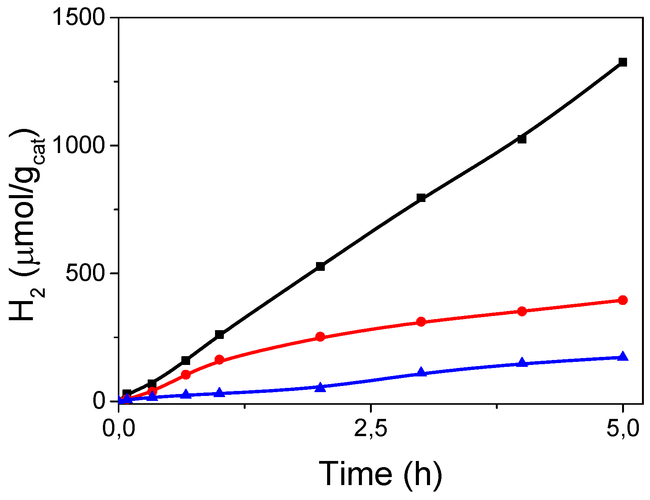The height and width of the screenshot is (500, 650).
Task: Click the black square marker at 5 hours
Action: (623, 62)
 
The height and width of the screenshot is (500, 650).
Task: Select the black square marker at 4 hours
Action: (522, 139)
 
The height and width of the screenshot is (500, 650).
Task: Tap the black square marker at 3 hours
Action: (421, 198)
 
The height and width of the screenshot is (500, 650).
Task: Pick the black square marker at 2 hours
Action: (321, 267)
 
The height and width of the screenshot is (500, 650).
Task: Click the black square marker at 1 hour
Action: (220, 334)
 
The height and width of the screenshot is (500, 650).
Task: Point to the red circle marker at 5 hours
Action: (623, 300)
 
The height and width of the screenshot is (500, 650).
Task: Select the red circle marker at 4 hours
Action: (522, 311)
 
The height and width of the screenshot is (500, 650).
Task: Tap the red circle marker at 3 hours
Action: (421, 322)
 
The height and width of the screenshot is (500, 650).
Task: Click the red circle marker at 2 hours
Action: (321, 337)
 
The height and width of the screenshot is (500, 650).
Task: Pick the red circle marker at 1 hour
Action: (220, 360)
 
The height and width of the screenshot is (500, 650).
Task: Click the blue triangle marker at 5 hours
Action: (623, 357)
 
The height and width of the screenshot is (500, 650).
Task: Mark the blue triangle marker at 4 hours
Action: (522, 363)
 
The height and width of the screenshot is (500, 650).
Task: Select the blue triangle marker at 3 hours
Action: (421, 372)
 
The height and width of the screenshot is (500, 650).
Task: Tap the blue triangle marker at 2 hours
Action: (321, 388)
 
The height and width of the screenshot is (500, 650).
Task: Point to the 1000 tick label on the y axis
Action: (79, 146)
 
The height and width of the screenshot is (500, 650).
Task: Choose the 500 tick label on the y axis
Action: (85, 274)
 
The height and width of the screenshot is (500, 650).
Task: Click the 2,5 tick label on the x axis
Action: (371, 429)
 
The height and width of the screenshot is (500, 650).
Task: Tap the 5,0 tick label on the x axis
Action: (623, 429)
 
